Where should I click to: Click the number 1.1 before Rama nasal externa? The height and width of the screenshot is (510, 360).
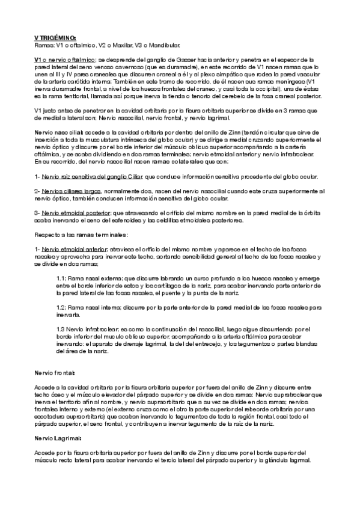[59, 278]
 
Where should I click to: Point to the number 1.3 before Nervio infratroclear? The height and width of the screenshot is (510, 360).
[59, 328]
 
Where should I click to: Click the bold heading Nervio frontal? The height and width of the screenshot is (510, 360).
[55, 373]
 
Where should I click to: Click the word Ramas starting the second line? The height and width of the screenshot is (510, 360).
[44, 44]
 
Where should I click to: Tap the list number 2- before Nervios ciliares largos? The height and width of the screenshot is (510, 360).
[37, 191]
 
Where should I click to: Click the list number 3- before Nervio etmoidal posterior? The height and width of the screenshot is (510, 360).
[37, 214]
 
